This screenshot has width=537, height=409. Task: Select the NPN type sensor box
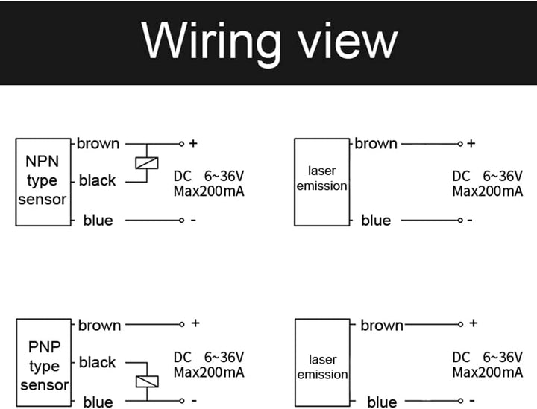coord(43,181)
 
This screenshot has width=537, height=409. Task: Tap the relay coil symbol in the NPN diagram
coord(145,163)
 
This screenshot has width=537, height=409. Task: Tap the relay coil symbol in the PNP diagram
coord(145,381)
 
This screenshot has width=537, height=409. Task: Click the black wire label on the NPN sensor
coord(97,180)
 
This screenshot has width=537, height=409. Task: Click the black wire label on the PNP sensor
coord(97,363)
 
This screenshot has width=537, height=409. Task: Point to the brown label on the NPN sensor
coord(98,142)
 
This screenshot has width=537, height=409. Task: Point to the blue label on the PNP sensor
coord(98,402)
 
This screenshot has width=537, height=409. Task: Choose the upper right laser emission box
coord(321,181)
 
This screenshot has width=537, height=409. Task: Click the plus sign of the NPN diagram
coord(193,142)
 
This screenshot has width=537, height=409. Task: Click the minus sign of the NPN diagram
coord(193,221)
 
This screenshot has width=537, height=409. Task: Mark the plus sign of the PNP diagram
coord(195,323)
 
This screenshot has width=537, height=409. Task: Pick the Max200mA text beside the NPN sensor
coord(209,191)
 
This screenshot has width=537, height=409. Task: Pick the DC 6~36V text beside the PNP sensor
coord(209,357)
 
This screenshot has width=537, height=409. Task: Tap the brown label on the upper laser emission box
coord(376,142)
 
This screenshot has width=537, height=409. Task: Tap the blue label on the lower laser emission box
coord(382,402)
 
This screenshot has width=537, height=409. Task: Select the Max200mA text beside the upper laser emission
coord(488,191)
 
